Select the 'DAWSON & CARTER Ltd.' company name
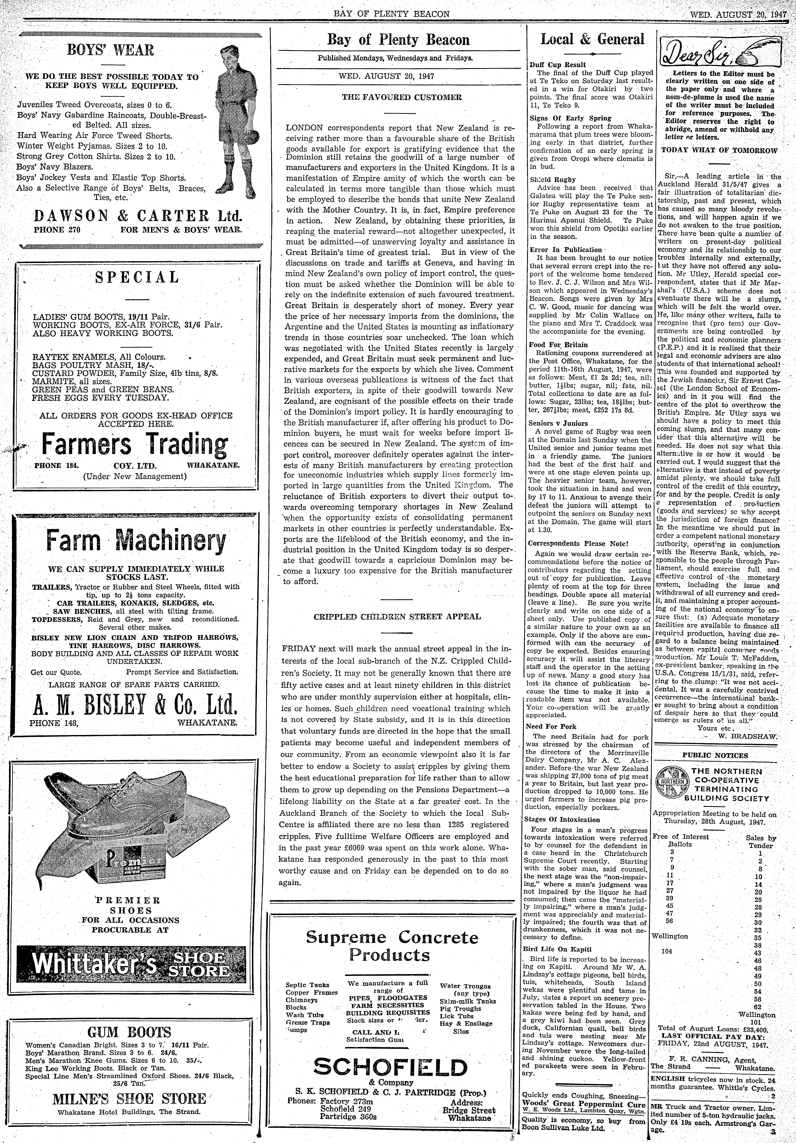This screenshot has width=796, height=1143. (137, 216)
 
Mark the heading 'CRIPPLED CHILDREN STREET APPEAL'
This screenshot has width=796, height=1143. (397, 616)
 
